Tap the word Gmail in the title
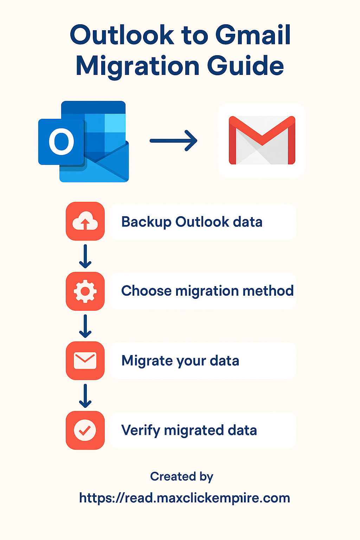point(253,35)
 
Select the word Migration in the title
point(137,66)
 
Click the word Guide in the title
point(245,66)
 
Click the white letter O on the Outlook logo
point(61,142)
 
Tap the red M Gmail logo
point(262,140)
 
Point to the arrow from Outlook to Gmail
point(174,141)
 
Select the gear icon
point(85,291)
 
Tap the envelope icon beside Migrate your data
point(85,361)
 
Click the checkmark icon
point(85,430)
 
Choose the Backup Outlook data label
point(192,222)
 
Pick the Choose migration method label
point(207,291)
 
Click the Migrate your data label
point(180,361)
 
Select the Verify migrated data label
point(189,430)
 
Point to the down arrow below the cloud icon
point(85,256)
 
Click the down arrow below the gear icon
point(85,326)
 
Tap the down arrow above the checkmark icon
point(85,396)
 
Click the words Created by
point(181,477)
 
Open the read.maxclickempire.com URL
point(185,498)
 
